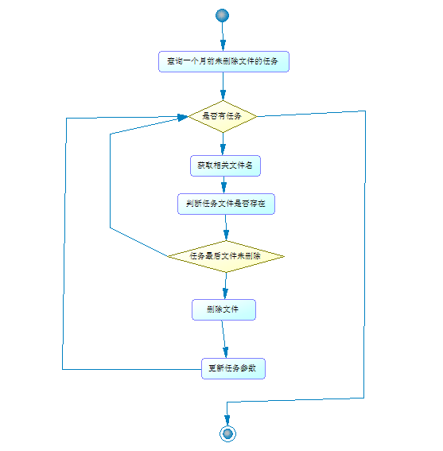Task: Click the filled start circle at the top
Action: pyautogui.click(x=222, y=16)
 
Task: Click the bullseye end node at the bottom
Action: pyautogui.click(x=228, y=433)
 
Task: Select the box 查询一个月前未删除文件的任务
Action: pyautogui.click(x=223, y=62)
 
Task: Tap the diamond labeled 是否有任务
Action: pyautogui.click(x=223, y=116)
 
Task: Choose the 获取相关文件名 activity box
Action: pyautogui.click(x=225, y=165)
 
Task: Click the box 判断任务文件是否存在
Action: pyautogui.click(x=226, y=204)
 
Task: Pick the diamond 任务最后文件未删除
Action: pyautogui.click(x=226, y=256)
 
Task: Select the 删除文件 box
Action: pyautogui.click(x=223, y=309)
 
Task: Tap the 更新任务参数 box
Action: pyautogui.click(x=232, y=368)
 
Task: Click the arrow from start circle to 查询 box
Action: pyautogui.click(x=222, y=37)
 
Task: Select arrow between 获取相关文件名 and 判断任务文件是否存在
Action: pyautogui.click(x=225, y=184)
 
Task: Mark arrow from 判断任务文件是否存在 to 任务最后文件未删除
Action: pyautogui.click(x=226, y=227)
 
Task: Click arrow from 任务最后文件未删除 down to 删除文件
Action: pyautogui.click(x=225, y=286)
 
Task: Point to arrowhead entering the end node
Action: pyautogui.click(x=227, y=418)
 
